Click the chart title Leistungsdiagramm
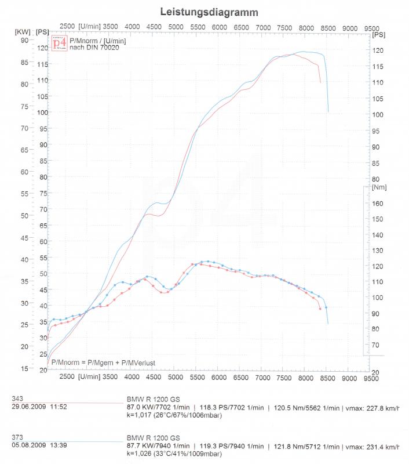(209, 12)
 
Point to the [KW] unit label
(23, 31)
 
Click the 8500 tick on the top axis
(328, 27)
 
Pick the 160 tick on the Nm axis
(378, 204)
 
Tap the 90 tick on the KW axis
(24, 40)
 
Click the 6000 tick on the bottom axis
(219, 376)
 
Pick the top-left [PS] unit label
(42, 31)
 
